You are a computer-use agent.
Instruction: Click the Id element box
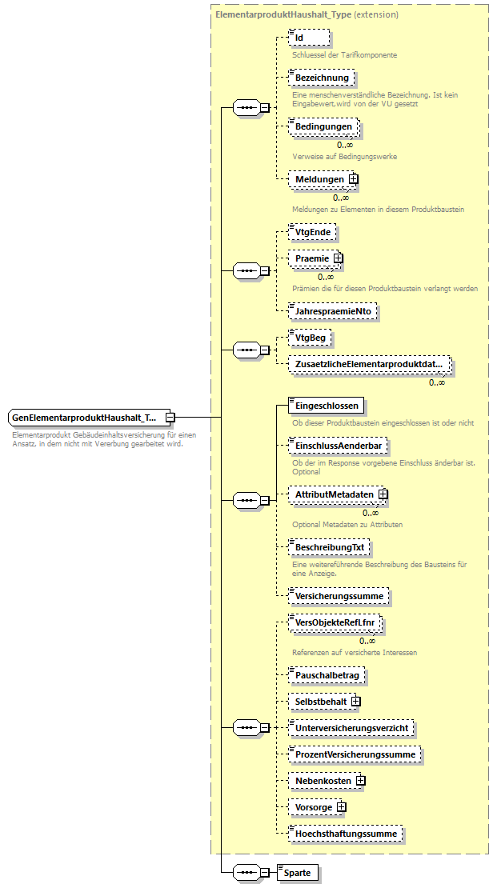coord(309,38)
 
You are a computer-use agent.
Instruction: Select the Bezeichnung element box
coord(322,78)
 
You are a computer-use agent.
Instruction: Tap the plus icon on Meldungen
coord(353,179)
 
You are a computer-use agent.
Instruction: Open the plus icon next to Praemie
coord(339,258)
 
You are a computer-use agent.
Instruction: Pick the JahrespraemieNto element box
coord(332,311)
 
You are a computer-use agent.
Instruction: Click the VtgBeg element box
coord(311,338)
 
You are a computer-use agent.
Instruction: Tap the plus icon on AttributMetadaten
coord(383,494)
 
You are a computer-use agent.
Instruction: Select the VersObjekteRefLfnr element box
coord(335,623)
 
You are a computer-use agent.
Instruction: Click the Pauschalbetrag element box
coord(327,675)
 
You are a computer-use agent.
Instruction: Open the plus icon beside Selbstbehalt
coord(356,702)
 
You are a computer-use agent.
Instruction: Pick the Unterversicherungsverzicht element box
coord(351,728)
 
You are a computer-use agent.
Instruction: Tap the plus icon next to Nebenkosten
coord(361,780)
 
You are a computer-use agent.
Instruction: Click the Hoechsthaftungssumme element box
coord(346,834)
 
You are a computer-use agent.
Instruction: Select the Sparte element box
coord(299,872)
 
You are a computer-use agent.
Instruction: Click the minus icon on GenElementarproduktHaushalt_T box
coord(170,417)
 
